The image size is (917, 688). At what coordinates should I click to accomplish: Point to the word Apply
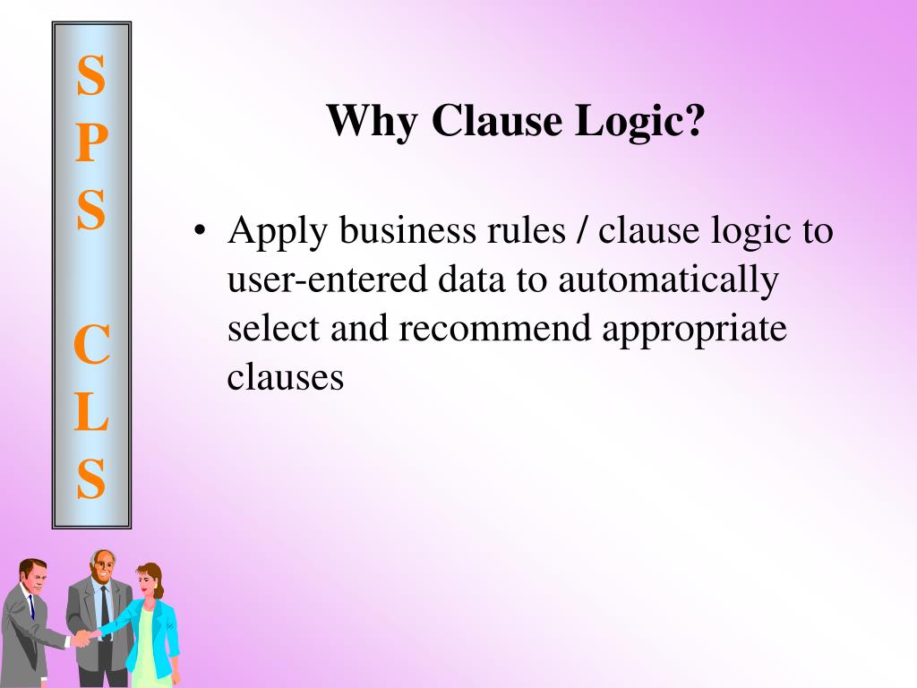(274, 233)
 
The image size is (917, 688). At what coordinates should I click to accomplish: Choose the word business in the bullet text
(390, 231)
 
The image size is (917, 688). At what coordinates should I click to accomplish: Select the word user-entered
(328, 280)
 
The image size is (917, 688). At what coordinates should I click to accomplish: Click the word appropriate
(694, 329)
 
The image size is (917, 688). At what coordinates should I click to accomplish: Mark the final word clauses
(285, 377)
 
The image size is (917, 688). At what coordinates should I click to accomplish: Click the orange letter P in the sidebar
(90, 143)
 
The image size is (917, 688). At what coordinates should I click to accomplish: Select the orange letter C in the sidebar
(90, 345)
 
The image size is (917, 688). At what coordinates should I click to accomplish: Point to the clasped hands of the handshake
(81, 637)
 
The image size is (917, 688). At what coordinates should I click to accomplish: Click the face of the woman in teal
(144, 583)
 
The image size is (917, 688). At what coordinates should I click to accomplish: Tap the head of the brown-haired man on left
(32, 576)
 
